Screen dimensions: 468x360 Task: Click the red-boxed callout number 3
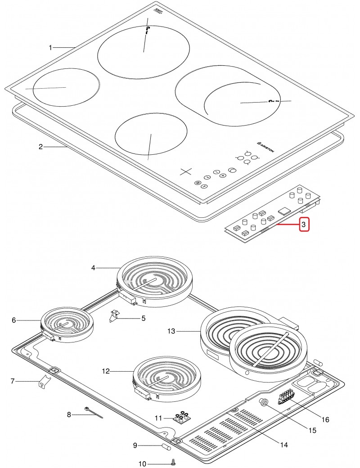[305, 224]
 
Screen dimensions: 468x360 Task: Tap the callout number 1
[51, 47]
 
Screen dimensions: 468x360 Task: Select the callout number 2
[40, 147]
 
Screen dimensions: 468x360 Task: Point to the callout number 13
[171, 332]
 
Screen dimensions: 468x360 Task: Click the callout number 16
[325, 419]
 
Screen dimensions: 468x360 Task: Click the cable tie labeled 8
[93, 413]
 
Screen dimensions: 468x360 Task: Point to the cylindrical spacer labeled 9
[165, 447]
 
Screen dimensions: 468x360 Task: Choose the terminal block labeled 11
[181, 418]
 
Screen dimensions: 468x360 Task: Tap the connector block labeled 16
[285, 398]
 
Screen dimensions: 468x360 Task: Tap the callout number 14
[283, 445]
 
